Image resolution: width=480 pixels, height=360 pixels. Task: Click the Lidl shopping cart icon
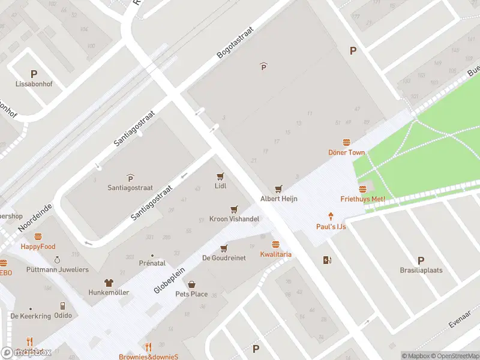pos(220,176)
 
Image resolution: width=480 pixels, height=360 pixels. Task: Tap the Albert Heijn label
pos(279,199)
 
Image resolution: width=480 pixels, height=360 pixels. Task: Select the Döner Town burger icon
pos(346,142)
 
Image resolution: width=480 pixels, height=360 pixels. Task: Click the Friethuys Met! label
pos(362,199)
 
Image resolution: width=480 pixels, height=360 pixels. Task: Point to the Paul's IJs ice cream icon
pos(331,216)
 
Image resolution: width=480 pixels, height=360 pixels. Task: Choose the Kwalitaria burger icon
pos(275,244)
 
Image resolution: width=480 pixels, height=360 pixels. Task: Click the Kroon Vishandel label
pos(234,219)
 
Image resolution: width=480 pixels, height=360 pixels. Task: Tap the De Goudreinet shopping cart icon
pos(224,248)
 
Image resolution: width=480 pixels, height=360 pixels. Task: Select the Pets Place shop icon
pos(191,284)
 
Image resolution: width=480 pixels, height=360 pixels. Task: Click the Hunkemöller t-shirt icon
pos(109,283)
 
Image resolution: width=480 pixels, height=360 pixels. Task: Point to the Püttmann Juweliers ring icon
pos(57,260)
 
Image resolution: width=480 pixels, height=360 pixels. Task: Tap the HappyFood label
pos(38,247)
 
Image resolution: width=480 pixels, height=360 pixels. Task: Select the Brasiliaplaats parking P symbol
pos(421,260)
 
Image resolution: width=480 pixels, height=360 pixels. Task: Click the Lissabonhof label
pos(34,84)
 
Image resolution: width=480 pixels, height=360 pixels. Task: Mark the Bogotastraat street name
pos(236,42)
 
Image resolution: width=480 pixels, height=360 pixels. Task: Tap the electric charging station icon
pos(327,260)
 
